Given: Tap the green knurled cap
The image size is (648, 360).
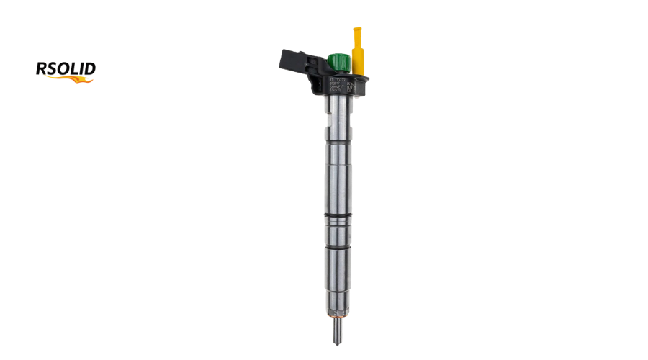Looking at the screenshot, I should click(337, 63).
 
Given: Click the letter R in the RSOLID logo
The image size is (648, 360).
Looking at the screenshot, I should click(42, 69).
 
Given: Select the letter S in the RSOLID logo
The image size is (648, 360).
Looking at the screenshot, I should click(52, 69).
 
